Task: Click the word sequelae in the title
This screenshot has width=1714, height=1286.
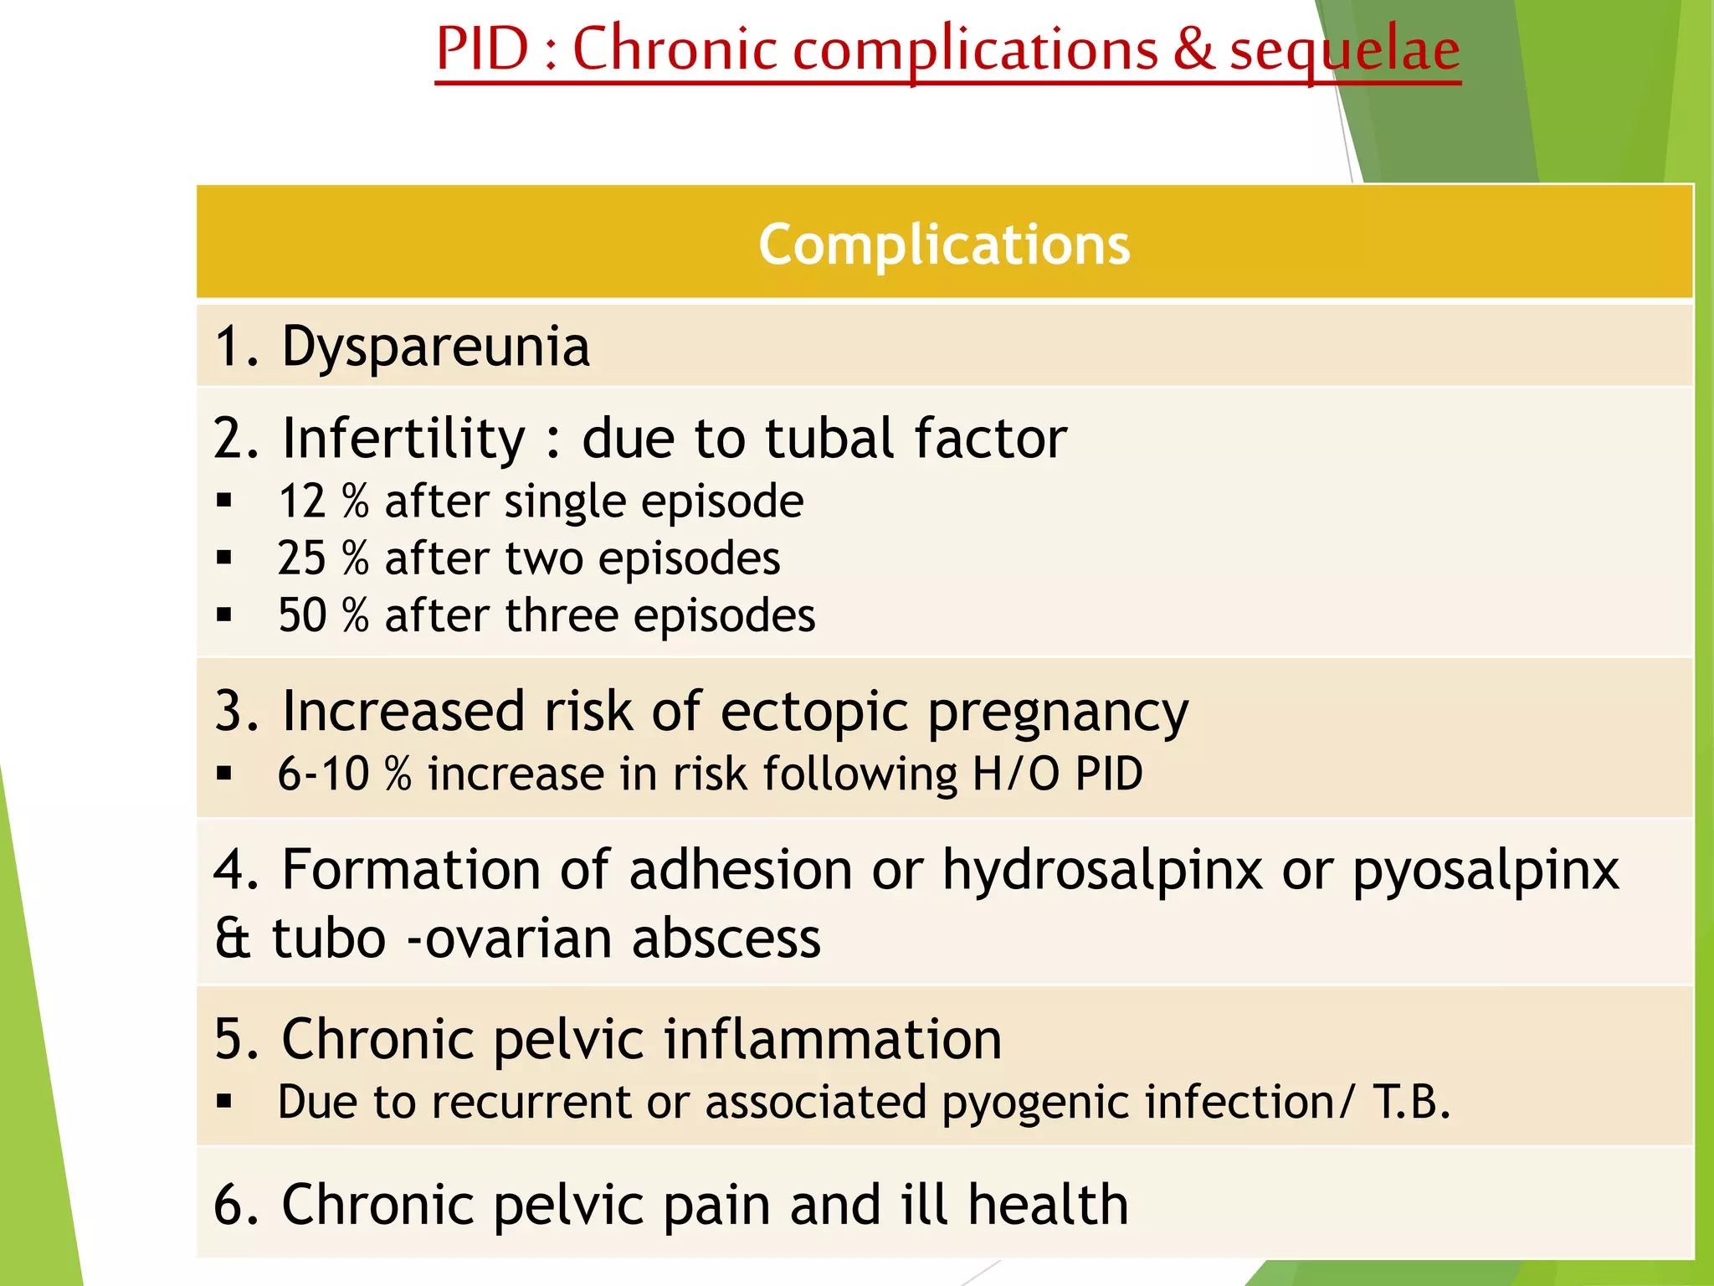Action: (x=1345, y=50)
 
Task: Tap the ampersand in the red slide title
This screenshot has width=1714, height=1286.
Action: (x=1193, y=49)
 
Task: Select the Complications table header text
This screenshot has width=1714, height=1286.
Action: (x=944, y=244)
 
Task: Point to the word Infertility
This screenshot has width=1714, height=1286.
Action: (x=403, y=438)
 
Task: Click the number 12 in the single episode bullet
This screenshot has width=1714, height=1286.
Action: (x=301, y=502)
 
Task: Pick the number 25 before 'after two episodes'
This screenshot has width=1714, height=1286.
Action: (x=301, y=558)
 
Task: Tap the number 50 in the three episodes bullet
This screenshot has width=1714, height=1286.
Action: (x=301, y=615)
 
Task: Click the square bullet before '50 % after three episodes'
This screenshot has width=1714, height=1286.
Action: (x=223, y=616)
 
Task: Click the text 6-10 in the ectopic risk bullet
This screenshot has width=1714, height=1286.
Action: (x=323, y=774)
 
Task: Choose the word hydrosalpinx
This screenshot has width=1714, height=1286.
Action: (x=1102, y=870)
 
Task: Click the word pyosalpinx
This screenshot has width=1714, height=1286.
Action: (x=1486, y=870)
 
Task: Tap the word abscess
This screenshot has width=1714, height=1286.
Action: (x=726, y=939)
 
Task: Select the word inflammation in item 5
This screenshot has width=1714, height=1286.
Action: (x=833, y=1039)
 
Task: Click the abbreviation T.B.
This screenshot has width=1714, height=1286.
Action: (x=1411, y=1102)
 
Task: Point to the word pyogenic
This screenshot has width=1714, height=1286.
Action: (x=1035, y=1102)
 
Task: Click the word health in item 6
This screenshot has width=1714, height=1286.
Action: (x=1048, y=1205)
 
